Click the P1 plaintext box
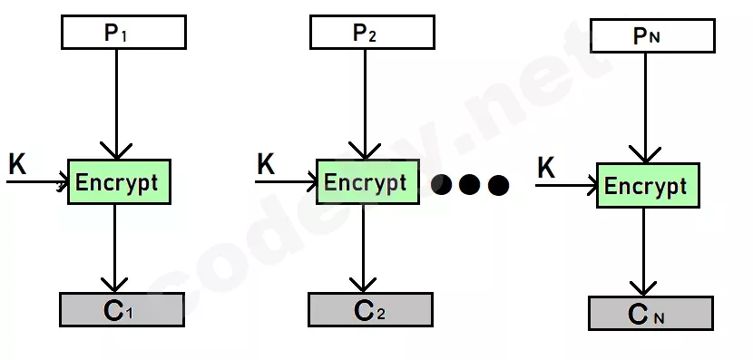[124, 32]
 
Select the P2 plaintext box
[372, 32]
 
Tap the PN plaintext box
[652, 35]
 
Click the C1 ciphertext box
[122, 309]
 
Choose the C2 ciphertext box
[370, 309]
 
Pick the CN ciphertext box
[650, 313]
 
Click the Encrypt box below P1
[119, 182]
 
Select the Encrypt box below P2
[367, 182]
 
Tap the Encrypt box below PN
[648, 185]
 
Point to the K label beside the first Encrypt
[18, 165]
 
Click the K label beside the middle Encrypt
[266, 165]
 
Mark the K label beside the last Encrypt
[546, 169]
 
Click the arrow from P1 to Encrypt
[116, 104]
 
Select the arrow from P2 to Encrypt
[365, 104]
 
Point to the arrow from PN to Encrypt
[645, 108]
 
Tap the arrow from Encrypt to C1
[114, 248]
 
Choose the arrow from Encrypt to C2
[363, 248]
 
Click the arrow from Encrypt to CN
[643, 251]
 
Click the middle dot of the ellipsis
[469, 185]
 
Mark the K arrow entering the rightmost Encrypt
[566, 185]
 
